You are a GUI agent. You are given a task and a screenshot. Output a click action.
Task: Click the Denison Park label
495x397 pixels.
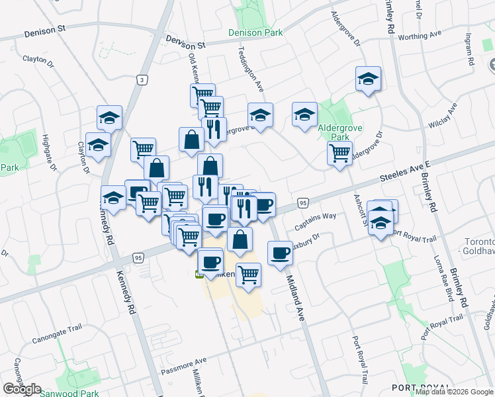tap(255, 32)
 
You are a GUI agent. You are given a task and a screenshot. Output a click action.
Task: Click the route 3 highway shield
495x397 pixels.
tap(142, 79)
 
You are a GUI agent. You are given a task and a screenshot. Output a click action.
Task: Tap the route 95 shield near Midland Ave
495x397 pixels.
tap(302, 202)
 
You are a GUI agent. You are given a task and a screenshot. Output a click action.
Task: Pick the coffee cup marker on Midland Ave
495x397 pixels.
tap(281, 253)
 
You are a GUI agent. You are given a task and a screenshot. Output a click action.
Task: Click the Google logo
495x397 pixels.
tap(22, 389)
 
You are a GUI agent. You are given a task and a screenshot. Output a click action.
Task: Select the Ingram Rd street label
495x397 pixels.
tap(471, 50)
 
